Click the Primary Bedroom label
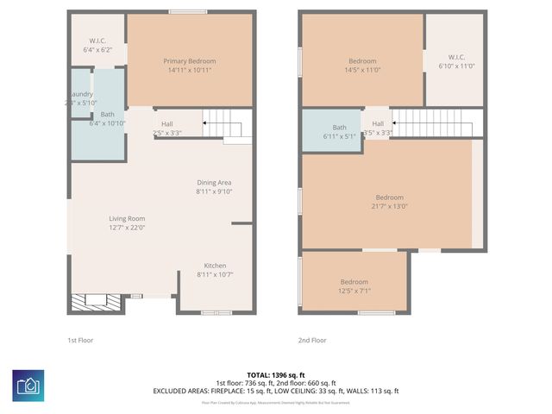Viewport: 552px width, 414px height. coord(190,61)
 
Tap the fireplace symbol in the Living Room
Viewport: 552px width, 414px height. coord(89,301)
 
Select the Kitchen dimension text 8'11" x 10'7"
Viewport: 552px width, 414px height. coord(215,274)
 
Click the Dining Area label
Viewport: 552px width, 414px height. coord(215,182)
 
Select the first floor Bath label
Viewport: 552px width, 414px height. coord(107,114)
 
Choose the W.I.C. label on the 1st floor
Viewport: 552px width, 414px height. coord(97,41)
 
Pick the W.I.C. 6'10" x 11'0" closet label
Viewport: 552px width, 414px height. coord(456,57)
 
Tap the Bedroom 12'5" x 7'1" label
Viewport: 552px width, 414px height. coord(354,282)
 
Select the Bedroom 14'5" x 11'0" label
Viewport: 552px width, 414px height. coord(362,61)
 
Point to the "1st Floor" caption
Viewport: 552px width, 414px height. coord(80,341)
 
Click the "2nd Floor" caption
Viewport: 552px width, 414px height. coord(311,341)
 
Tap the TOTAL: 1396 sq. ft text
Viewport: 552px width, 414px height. coord(276,375)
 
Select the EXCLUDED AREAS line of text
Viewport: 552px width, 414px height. coord(276,391)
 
